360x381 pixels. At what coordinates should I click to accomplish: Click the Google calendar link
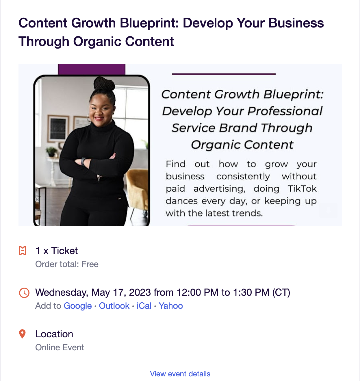(77, 306)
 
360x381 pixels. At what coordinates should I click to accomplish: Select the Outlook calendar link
(114, 306)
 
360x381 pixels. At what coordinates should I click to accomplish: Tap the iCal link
(144, 306)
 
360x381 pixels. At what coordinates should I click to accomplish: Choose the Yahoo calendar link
(171, 306)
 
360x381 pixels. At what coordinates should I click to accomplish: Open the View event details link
(180, 374)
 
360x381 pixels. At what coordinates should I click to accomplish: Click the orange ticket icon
(23, 251)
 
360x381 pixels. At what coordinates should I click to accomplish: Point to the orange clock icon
(24, 293)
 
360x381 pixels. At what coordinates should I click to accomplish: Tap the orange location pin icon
(22, 334)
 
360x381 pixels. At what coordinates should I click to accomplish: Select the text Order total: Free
(67, 264)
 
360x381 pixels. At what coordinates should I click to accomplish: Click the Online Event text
(60, 347)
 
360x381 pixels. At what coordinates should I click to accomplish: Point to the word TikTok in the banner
(302, 188)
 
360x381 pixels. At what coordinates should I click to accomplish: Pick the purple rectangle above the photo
(92, 69)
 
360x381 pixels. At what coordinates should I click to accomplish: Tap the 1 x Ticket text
(56, 251)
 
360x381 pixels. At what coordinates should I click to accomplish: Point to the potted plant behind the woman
(52, 151)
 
